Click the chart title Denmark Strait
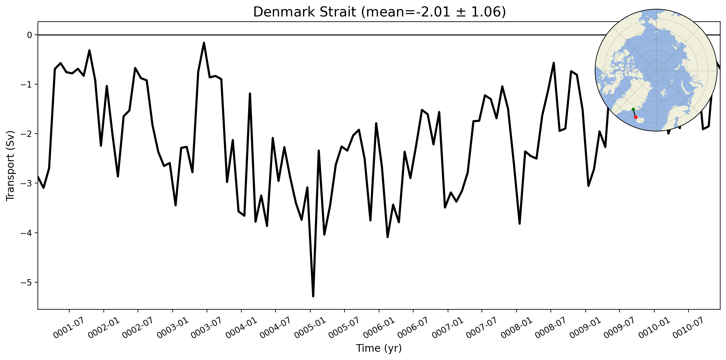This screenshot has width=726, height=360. pos(305,12)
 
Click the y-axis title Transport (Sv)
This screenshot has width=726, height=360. pos(10,166)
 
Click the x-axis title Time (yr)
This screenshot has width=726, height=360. pos(379,348)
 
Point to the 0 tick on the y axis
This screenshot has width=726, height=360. pos(30,35)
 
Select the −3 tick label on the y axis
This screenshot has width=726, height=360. pos(26,184)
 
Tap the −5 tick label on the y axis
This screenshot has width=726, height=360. pos(26,283)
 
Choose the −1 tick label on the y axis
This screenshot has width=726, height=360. pos(26,85)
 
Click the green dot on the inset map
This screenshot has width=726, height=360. pos(633,109)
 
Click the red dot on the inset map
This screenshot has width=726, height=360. pos(636,117)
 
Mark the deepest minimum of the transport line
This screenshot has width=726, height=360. pos(313,296)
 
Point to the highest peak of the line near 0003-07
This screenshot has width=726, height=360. pos(204,43)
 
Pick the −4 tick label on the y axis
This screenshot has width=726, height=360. pos(26,233)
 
